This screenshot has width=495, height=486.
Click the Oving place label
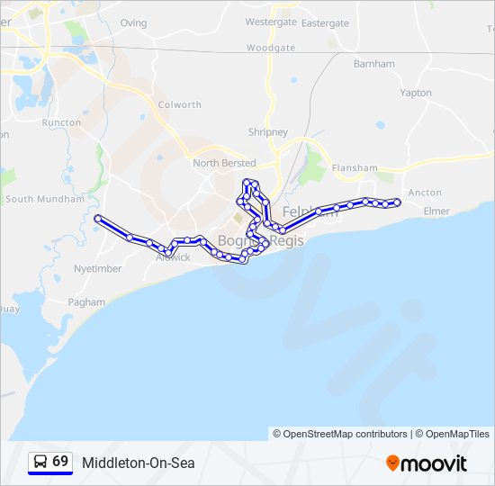(133, 23)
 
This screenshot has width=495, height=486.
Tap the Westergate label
(271, 22)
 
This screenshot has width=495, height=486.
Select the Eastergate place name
(325, 23)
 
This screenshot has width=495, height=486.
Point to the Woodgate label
(270, 48)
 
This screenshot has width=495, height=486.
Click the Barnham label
(374, 64)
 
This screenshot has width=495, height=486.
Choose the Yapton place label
(416, 93)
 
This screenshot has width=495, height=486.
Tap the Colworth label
(180, 104)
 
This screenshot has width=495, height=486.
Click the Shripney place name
(268, 132)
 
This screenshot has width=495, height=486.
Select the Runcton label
(61, 122)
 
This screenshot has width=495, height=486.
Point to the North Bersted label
(224, 164)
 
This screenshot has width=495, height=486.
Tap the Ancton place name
(425, 193)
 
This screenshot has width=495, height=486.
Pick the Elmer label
(436, 211)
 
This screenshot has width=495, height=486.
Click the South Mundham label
(44, 199)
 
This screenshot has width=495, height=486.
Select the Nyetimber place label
(98, 268)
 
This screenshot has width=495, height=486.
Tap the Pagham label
(86, 302)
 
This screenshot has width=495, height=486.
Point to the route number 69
(60, 462)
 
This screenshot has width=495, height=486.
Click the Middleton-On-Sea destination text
(138, 463)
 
